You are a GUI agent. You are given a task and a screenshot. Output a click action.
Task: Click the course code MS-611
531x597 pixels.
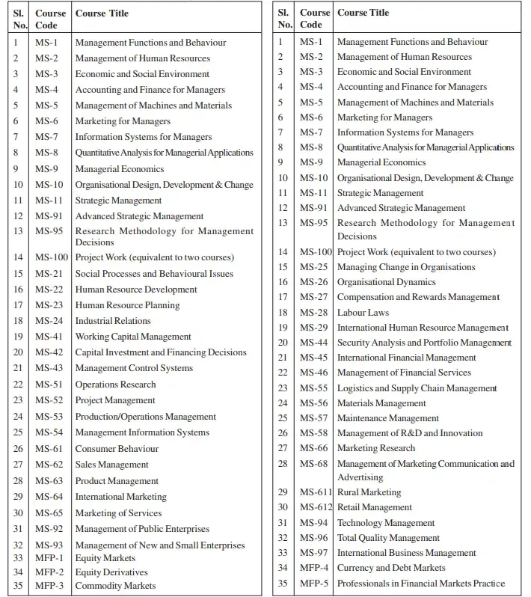316,492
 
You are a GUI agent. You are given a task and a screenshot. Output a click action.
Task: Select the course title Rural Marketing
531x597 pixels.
369,492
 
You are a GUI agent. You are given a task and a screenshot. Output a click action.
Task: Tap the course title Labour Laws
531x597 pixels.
363,312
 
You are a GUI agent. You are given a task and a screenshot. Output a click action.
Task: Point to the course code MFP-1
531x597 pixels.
49,558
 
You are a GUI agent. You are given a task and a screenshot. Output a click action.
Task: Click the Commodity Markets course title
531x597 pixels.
115,586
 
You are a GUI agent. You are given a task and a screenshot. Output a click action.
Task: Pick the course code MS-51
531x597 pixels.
49,385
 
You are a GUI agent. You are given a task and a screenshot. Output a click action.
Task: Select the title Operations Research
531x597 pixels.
116,385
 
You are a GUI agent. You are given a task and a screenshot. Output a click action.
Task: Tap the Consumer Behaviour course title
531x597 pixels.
117,449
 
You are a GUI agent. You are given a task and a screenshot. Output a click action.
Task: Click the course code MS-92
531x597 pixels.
49,530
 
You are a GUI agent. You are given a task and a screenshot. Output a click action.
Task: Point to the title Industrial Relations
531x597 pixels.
113,321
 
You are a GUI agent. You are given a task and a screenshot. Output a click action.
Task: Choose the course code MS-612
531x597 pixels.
316,507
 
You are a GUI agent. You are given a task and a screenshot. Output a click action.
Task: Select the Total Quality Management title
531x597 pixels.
388,538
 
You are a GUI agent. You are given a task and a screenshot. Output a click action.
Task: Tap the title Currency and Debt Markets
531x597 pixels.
391,568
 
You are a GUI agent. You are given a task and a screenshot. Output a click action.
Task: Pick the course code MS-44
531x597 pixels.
313,343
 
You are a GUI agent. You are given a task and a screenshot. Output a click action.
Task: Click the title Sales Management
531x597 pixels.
111,465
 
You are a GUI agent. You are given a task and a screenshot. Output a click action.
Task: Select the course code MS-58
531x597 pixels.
313,433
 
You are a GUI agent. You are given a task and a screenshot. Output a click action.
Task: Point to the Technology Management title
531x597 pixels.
386,523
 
